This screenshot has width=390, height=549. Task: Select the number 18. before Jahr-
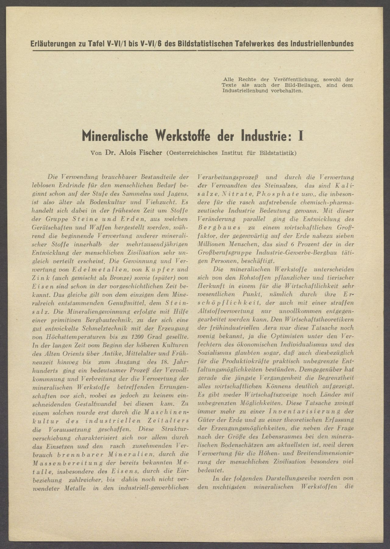155,363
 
